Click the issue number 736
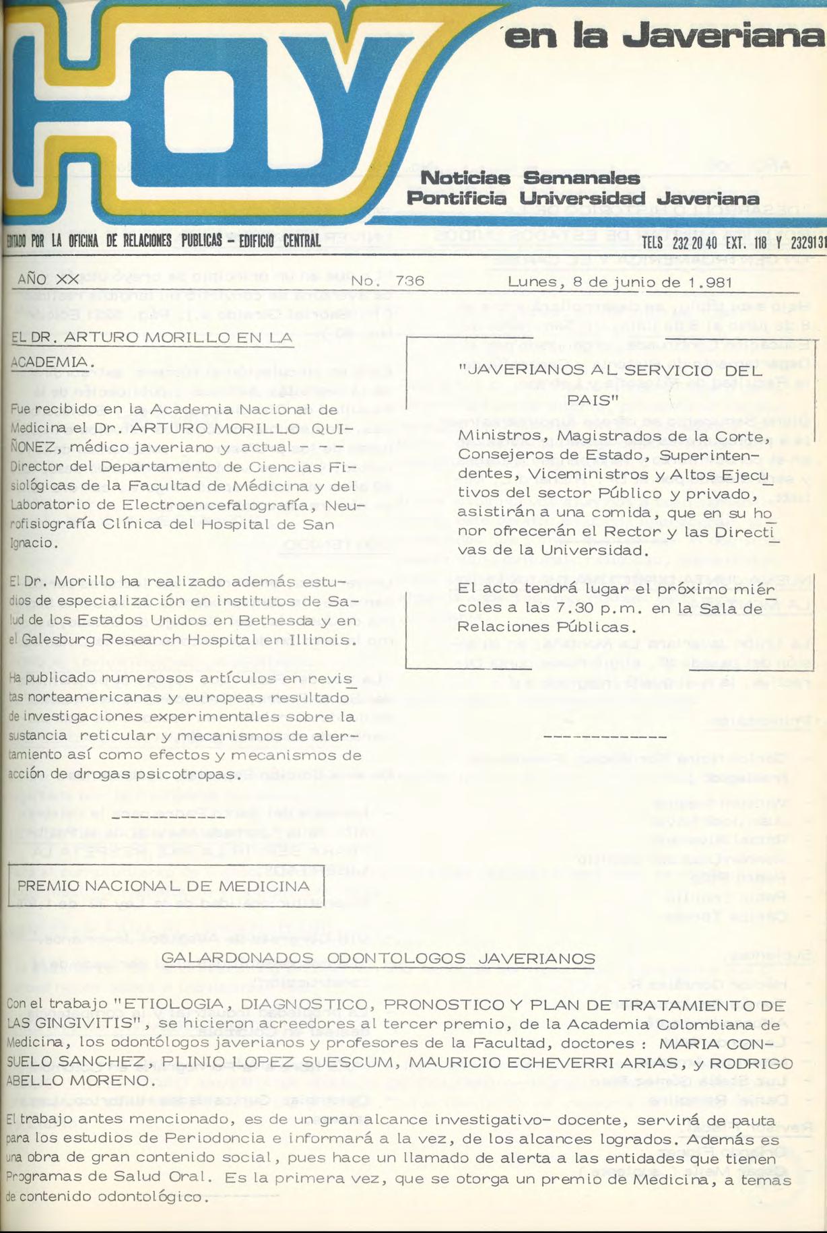[410, 281]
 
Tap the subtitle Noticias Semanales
[529, 178]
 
